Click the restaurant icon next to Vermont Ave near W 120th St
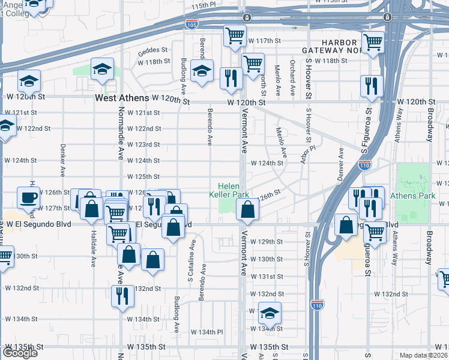pos(231,78)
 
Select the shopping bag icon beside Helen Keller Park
pos(247,209)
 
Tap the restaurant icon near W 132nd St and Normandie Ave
pos(122,296)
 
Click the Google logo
pos(20,353)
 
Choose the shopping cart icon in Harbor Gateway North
pos(373,43)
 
